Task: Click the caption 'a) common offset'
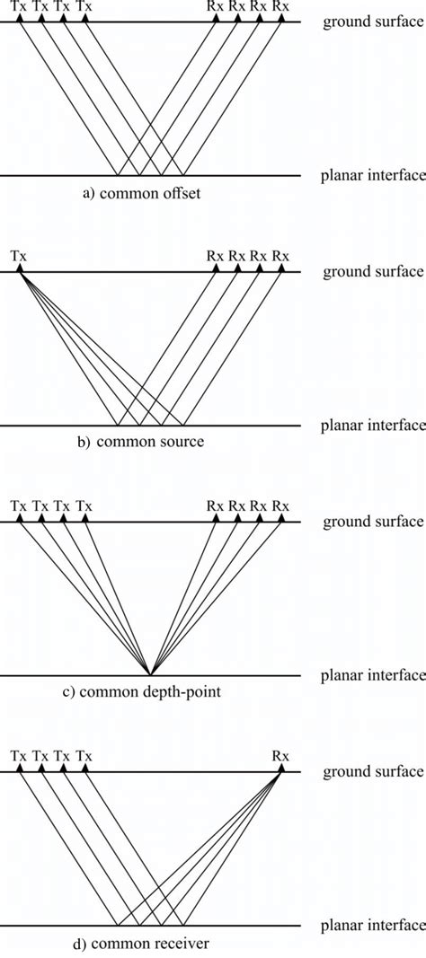click(150, 192)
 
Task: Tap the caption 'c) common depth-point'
click(150, 691)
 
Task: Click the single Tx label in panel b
click(20, 256)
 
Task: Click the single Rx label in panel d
click(281, 756)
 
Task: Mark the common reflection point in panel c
click(150, 673)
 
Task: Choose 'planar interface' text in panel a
click(372, 176)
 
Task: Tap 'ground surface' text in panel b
click(372, 270)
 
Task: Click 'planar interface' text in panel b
click(372, 425)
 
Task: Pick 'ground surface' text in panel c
click(372, 520)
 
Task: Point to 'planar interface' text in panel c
click(372, 674)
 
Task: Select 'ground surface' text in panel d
click(372, 770)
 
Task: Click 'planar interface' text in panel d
click(372, 925)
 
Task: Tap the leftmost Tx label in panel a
click(20, 6)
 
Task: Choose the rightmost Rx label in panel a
click(281, 6)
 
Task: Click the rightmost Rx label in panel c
click(281, 506)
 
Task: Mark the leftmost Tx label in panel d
click(20, 756)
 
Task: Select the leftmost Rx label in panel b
click(215, 256)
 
